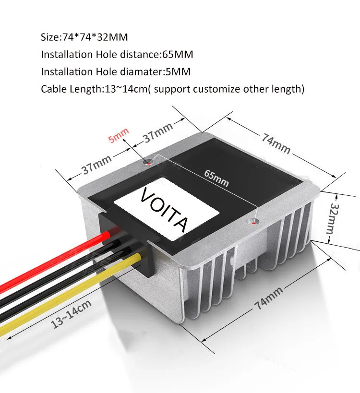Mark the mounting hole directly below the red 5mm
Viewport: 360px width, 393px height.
[x=148, y=162]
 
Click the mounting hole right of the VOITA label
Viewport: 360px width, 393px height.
[x=255, y=222]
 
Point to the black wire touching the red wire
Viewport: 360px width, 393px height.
[x=58, y=274]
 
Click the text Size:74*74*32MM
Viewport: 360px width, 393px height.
[x=84, y=37]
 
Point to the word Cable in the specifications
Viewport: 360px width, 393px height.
[x=53, y=89]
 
